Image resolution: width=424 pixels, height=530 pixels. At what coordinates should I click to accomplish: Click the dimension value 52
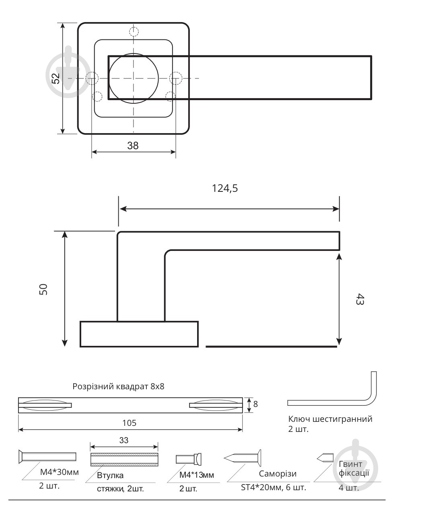[x=56, y=78]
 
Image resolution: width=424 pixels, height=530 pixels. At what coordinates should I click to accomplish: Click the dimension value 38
[x=133, y=146]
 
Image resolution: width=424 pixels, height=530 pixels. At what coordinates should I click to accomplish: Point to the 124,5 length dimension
[x=225, y=188]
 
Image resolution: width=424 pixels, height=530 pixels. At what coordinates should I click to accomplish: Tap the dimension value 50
[x=43, y=289]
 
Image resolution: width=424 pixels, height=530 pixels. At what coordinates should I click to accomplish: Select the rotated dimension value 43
[x=360, y=299]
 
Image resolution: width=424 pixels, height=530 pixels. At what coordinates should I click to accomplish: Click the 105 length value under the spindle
[x=129, y=423]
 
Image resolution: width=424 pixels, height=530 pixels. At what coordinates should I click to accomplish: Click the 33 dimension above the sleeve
[x=124, y=440]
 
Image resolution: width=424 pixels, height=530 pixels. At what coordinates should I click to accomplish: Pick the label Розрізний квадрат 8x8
[x=118, y=386]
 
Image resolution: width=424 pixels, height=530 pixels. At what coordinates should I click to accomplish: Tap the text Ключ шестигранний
[x=330, y=419]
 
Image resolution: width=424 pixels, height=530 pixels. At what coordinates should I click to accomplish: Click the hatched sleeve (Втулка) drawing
[x=124, y=459]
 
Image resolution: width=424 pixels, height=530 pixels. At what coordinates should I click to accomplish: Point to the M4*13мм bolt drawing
[x=188, y=459]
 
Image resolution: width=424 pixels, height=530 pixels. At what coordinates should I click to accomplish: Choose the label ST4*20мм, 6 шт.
[x=273, y=487]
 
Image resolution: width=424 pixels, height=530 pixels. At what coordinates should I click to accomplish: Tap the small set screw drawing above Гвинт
[x=325, y=457]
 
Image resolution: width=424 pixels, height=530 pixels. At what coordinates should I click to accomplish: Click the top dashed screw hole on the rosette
[x=134, y=31]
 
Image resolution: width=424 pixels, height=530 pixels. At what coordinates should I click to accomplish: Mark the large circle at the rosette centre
[x=134, y=78]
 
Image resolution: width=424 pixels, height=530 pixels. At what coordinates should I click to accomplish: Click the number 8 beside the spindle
[x=255, y=404]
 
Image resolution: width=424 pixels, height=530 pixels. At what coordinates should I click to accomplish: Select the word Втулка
[x=110, y=475]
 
